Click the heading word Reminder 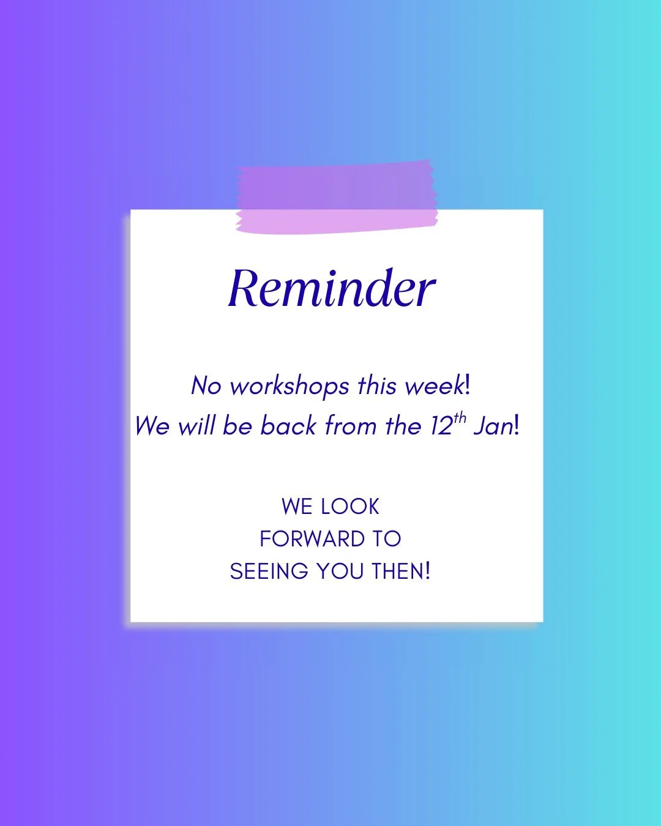tap(331, 288)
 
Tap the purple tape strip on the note tap(337, 198)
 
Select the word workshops tap(289, 387)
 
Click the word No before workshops tap(206, 386)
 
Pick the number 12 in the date tap(441, 426)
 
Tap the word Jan tap(493, 426)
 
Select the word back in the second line tap(288, 426)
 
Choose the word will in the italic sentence tap(196, 426)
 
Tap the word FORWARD tap(312, 539)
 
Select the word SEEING tap(269, 571)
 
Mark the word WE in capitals tap(297, 507)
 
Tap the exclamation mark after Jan tap(517, 426)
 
